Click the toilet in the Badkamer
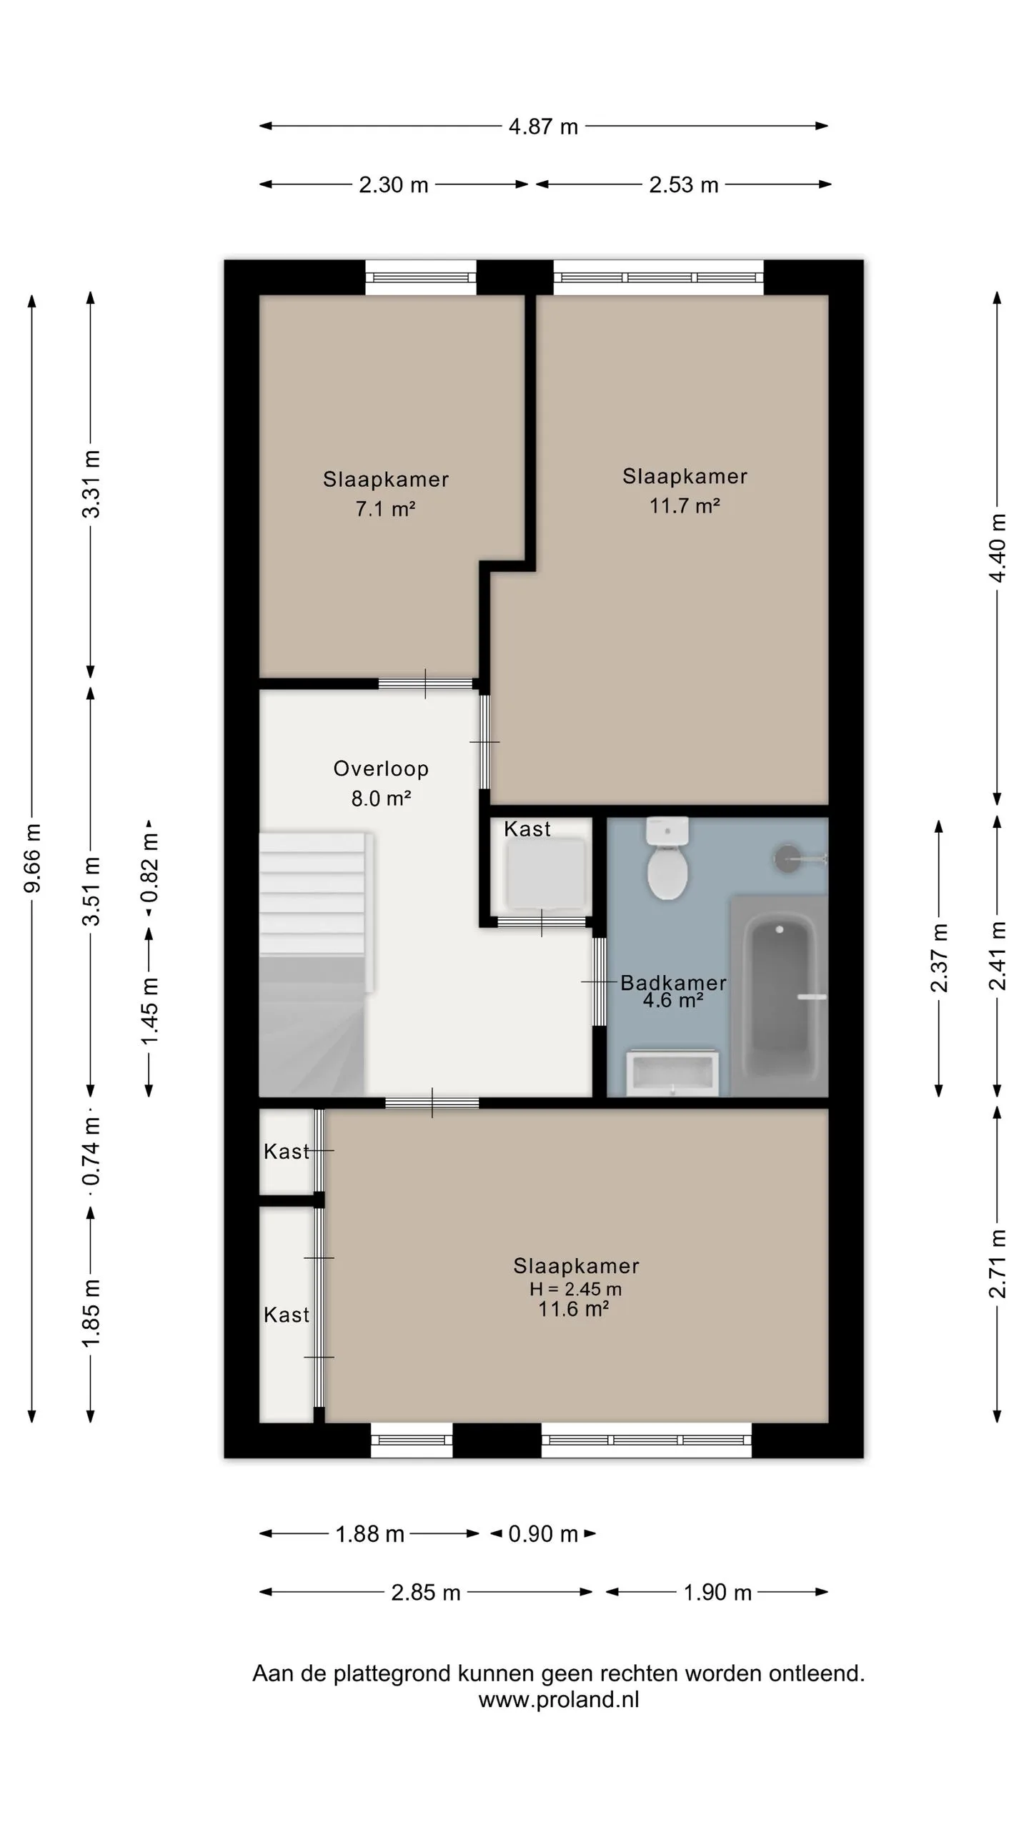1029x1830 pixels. [x=667, y=859]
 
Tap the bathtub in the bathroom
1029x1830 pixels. [x=779, y=994]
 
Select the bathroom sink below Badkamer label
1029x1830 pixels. [x=672, y=1072]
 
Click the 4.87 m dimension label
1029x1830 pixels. [x=543, y=127]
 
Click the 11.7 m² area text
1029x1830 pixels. [x=685, y=506]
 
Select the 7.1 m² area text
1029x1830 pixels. [x=386, y=509]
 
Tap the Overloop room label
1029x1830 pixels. [x=381, y=768]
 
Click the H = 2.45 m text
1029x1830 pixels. [x=575, y=1289]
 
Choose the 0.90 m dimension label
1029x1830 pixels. [x=543, y=1533]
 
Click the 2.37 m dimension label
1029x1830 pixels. [x=939, y=958]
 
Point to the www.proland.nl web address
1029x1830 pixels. [x=559, y=1699]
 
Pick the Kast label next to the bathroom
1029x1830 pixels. [x=527, y=829]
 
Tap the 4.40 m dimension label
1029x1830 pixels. [x=998, y=548]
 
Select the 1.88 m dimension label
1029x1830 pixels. [x=370, y=1533]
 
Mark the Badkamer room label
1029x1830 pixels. [x=673, y=983]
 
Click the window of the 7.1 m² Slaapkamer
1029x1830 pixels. [x=421, y=277]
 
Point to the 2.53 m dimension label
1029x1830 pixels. [x=684, y=185]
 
